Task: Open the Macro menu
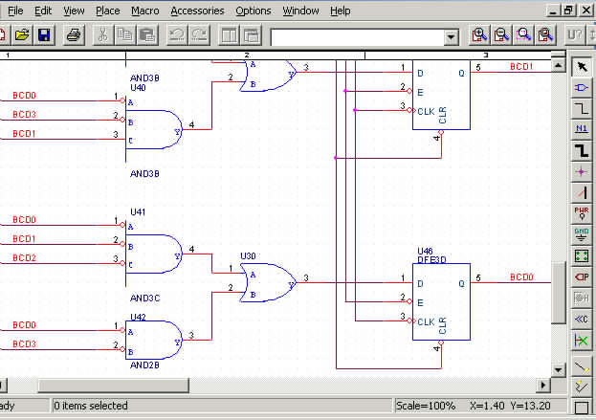click(x=145, y=11)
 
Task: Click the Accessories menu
click(x=197, y=11)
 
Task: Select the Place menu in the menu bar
click(x=107, y=11)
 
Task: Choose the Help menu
click(x=340, y=11)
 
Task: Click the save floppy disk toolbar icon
click(x=45, y=35)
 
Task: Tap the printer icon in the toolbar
click(x=74, y=35)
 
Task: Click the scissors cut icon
click(x=101, y=35)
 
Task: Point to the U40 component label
click(x=137, y=87)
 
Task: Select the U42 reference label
click(x=137, y=316)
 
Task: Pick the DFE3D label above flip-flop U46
click(x=431, y=260)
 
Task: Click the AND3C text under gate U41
click(x=144, y=298)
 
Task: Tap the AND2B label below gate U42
click(x=144, y=365)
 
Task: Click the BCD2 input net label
click(x=24, y=258)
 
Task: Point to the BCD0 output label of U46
click(x=521, y=277)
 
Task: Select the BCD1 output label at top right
click(x=521, y=67)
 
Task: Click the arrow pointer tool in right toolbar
click(x=581, y=67)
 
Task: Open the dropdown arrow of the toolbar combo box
click(x=452, y=36)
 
